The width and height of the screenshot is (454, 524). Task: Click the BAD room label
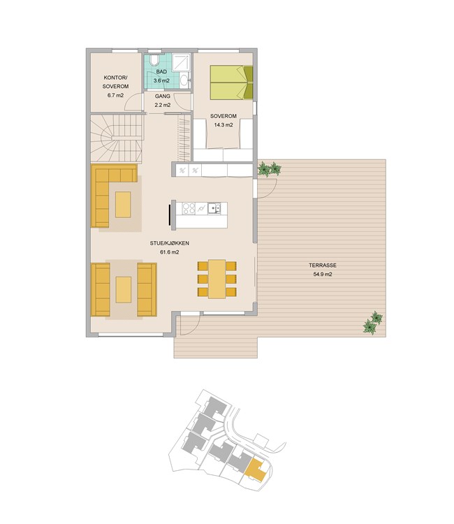(161, 72)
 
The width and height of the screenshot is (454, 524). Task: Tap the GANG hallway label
(162, 96)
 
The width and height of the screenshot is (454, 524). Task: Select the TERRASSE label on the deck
(323, 265)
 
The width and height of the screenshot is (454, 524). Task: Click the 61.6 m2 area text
(169, 252)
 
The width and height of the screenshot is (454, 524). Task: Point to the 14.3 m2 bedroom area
(223, 125)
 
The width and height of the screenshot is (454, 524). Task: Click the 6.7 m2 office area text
(115, 95)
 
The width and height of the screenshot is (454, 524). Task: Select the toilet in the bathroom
(154, 60)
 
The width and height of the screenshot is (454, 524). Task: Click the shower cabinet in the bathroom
(182, 62)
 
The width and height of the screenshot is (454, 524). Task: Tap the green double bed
(231, 82)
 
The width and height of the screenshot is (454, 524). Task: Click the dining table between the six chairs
(217, 279)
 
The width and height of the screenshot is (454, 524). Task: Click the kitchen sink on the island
(214, 208)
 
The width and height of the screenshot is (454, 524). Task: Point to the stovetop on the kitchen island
(189, 208)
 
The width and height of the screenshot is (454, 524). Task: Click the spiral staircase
(117, 138)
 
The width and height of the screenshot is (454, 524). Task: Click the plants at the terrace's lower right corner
(373, 323)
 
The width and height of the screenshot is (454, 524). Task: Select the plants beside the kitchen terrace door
(270, 169)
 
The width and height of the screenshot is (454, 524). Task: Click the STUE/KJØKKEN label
(169, 243)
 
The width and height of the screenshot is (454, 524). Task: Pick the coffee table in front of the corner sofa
(123, 205)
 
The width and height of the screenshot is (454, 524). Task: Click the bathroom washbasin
(184, 80)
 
